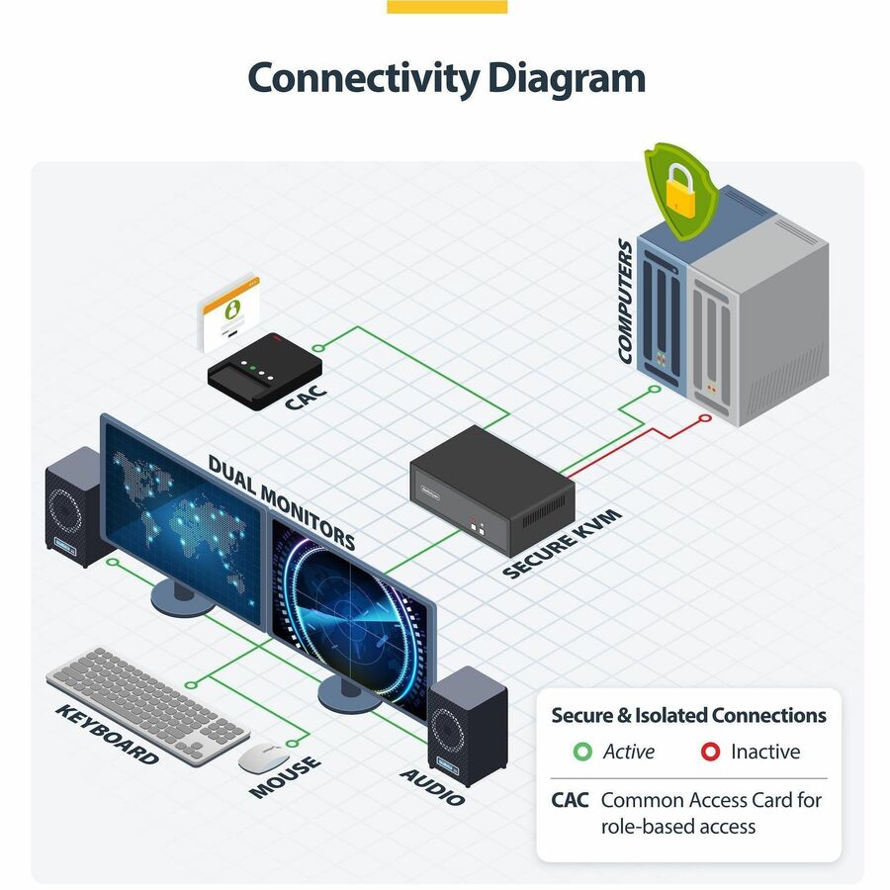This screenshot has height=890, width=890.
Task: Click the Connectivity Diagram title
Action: (x=446, y=78)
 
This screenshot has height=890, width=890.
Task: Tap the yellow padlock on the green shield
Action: (x=680, y=191)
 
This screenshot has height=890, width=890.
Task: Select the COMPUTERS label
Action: (x=626, y=301)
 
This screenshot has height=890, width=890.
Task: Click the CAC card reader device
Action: (x=264, y=371)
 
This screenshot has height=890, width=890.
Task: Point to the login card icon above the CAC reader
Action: (x=228, y=313)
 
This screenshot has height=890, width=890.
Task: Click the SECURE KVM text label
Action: (x=562, y=543)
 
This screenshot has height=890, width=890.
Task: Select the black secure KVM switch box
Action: (x=492, y=490)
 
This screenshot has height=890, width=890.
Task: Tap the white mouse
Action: (x=263, y=757)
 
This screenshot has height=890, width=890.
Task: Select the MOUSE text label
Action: (x=285, y=776)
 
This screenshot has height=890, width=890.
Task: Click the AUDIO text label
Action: (x=432, y=787)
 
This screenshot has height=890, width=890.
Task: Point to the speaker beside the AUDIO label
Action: (x=467, y=726)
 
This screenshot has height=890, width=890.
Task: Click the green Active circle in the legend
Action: (x=582, y=752)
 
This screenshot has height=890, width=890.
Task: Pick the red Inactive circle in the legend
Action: (x=710, y=752)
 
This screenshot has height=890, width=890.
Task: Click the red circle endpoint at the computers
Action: (x=705, y=418)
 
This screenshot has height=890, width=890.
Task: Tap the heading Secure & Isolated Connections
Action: (x=688, y=715)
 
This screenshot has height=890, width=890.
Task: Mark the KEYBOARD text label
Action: (x=107, y=735)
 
